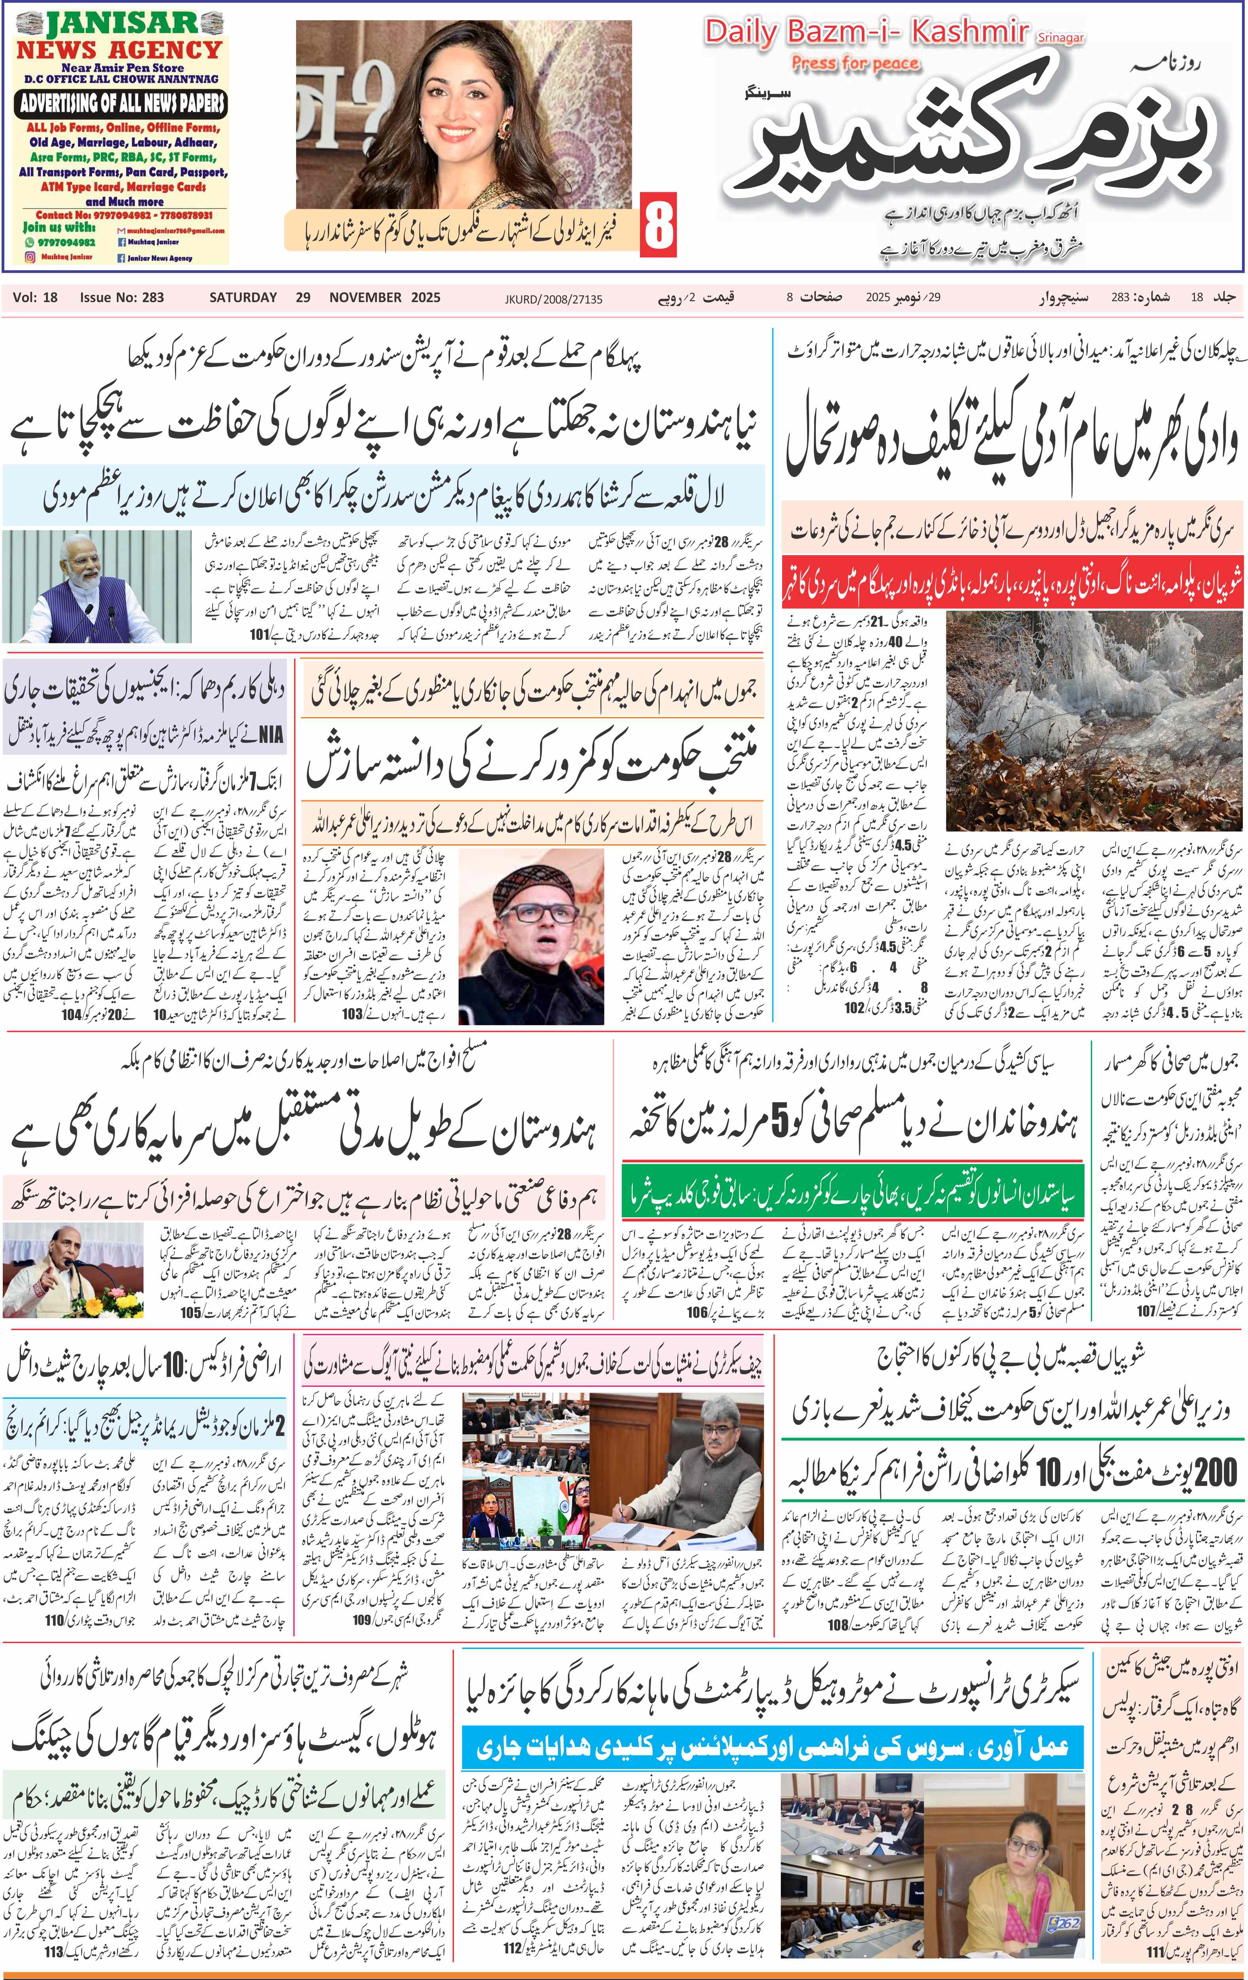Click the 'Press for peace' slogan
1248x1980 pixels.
tap(855, 63)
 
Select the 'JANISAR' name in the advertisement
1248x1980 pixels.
tap(122, 23)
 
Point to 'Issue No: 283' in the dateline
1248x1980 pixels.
tap(122, 298)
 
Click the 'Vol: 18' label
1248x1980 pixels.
tap(35, 298)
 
